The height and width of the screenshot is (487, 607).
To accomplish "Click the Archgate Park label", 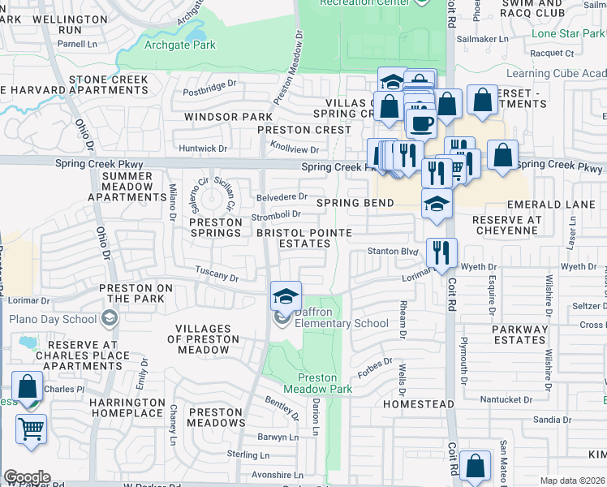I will [179, 45].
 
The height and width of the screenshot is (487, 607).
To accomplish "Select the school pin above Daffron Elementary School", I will [286, 296].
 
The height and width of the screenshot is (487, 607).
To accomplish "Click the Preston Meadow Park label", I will [317, 383].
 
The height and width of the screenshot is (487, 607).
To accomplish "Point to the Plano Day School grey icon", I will [108, 319].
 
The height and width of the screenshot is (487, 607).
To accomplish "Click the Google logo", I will [27, 477].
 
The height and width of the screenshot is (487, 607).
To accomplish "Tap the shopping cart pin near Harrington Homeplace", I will [31, 429].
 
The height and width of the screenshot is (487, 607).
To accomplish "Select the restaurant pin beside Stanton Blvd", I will [441, 252].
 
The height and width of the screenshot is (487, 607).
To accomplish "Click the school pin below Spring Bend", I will [437, 205].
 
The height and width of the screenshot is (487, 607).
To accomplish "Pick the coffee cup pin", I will [420, 123].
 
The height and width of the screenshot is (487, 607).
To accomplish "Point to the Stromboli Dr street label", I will [276, 215].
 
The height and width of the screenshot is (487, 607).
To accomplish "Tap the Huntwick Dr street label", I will [203, 149].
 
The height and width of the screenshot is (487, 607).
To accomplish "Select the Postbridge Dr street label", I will [209, 83].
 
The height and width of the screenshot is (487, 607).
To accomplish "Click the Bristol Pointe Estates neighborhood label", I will [304, 238].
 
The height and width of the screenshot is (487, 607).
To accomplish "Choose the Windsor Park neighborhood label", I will [217, 117].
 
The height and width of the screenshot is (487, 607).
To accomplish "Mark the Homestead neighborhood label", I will [418, 403].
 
